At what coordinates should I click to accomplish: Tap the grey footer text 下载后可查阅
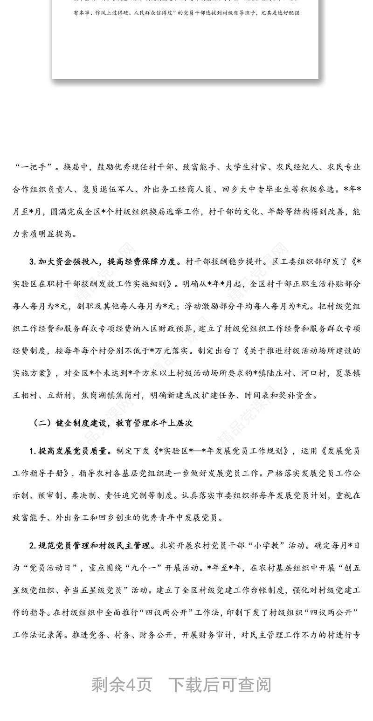(219, 685)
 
